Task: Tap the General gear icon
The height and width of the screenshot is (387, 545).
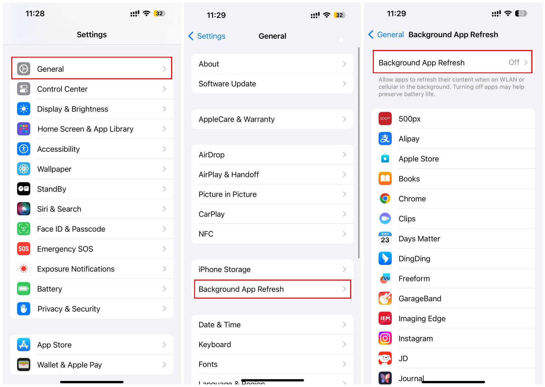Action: (24, 69)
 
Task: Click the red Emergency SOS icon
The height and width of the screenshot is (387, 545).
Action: (24, 249)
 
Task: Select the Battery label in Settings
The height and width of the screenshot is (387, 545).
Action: (50, 289)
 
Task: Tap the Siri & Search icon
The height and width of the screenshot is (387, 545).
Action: (24, 209)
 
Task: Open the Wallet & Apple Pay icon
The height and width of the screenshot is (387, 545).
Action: (24, 364)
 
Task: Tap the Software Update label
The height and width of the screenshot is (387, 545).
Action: (227, 84)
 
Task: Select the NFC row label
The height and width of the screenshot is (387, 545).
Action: (206, 234)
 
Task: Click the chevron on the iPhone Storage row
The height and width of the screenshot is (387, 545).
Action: (344, 269)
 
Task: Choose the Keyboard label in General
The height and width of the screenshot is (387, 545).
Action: (214, 344)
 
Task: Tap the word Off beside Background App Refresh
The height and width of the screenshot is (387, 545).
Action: (514, 62)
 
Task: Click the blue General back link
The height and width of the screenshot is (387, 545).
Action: (386, 35)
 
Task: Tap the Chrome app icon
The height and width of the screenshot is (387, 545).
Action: (385, 198)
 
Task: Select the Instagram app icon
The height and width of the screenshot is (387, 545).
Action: (385, 338)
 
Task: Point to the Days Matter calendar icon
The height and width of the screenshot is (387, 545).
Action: (385, 238)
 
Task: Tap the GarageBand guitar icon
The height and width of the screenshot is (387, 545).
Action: (385, 298)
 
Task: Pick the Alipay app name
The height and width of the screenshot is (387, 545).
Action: (409, 139)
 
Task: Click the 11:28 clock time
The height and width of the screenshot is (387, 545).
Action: (35, 13)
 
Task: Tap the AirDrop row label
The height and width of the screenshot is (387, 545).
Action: (212, 155)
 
